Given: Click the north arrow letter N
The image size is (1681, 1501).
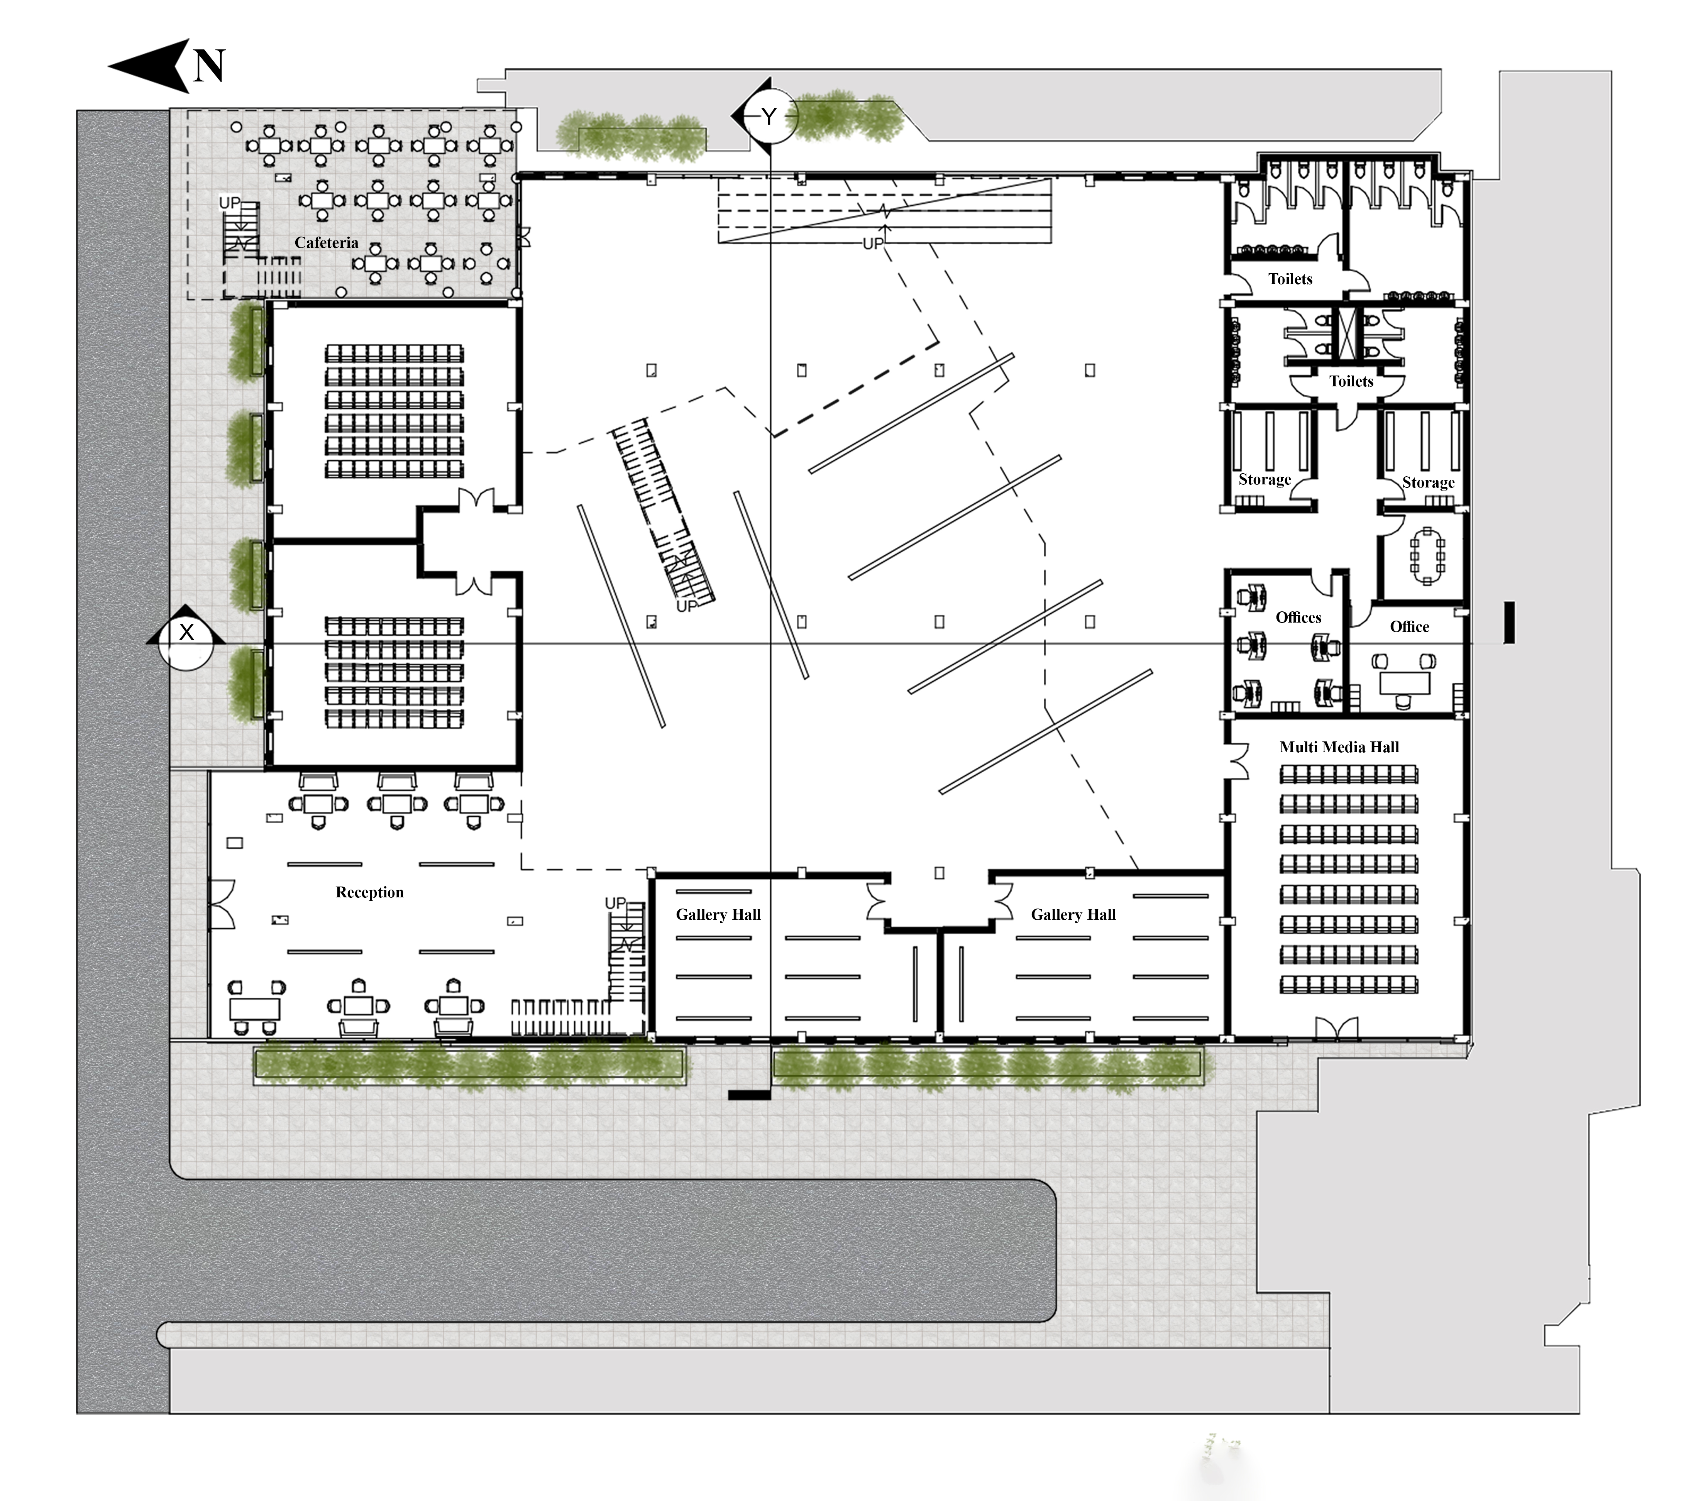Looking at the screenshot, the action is tap(209, 66).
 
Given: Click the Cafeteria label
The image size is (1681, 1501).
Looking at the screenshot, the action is tap(327, 242).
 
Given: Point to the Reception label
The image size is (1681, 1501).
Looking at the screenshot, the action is tap(369, 892).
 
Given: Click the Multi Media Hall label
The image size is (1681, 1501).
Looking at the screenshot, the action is tap(1339, 747).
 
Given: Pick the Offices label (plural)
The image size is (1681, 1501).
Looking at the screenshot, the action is tap(1298, 618).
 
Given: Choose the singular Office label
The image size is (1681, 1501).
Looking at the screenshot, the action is tap(1410, 627).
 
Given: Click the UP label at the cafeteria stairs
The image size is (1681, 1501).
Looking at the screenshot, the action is tap(229, 203).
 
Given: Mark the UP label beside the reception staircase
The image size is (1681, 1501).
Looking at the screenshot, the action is tap(615, 903).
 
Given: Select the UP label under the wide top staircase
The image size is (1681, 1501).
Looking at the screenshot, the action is tap(873, 244).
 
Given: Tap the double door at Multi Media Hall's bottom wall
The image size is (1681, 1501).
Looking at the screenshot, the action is tap(1336, 1029).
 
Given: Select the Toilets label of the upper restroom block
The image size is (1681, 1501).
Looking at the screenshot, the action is tap(1290, 279).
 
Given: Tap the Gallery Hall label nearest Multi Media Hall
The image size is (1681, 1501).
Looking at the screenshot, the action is tap(1073, 915).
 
